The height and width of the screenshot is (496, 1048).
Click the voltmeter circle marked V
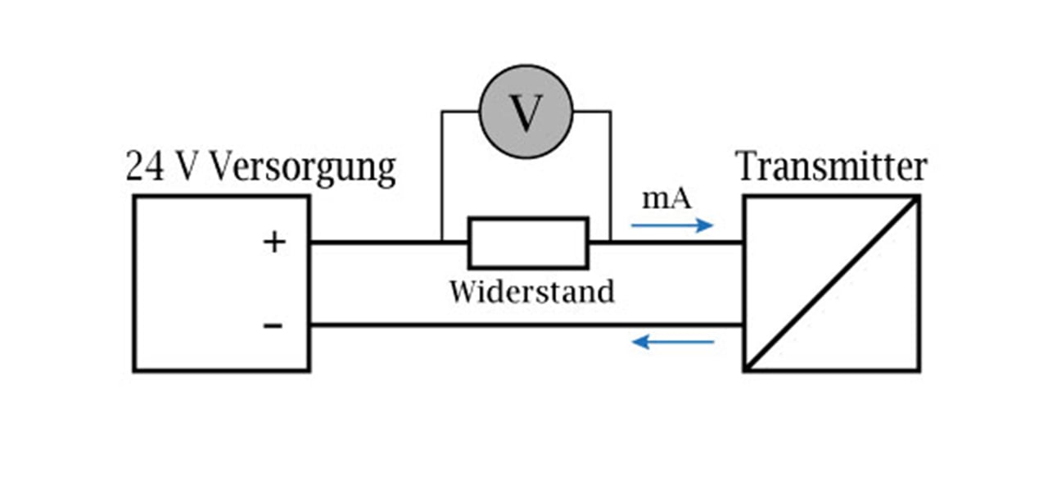526,111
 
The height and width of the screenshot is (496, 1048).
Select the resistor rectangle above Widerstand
528,243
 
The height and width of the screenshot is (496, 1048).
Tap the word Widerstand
531,291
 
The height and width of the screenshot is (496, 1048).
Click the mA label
666,198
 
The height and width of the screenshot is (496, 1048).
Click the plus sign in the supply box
274,243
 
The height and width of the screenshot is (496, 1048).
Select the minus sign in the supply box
273,326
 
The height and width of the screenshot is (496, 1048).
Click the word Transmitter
832,167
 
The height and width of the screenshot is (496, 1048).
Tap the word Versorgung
302,169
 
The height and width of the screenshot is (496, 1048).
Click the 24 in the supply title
142,167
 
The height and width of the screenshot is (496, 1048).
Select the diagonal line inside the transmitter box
832,284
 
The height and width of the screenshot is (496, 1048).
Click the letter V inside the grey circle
526,113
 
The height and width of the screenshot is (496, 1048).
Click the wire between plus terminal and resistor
377,243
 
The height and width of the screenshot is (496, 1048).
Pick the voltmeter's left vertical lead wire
442,176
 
